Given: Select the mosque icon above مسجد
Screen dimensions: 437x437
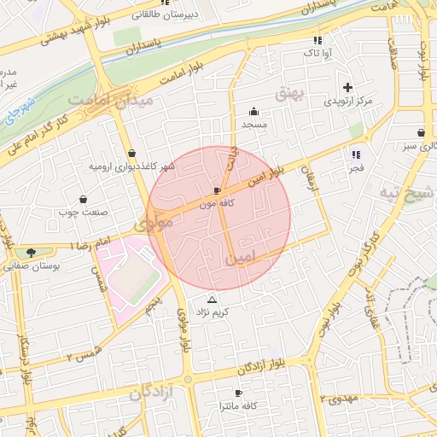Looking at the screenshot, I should click(253, 111).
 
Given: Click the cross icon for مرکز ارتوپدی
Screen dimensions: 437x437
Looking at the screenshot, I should click(347, 87).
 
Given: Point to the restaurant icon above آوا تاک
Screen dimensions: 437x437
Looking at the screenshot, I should click(318, 40).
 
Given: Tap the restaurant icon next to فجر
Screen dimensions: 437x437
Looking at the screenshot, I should click(356, 154).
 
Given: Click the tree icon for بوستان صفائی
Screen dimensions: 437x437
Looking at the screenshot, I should click(32, 253).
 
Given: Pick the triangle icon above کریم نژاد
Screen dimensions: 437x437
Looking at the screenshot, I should click(213, 300).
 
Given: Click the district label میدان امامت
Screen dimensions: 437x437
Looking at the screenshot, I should click(100, 101).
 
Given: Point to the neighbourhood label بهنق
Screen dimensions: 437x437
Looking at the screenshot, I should click(290, 92).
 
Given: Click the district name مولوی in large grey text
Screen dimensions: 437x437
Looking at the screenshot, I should click(154, 222).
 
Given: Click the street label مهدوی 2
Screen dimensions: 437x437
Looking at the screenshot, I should click(341, 399).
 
